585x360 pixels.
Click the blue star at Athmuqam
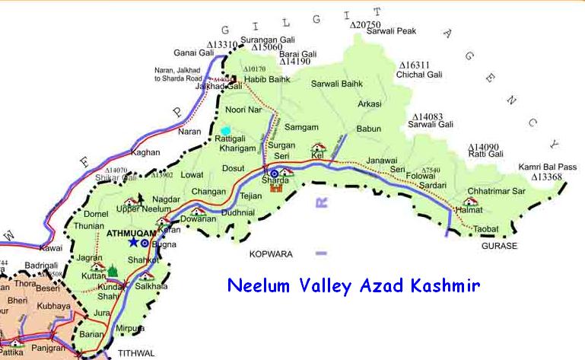click(x=134, y=242)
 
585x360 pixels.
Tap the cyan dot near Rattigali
click(x=225, y=131)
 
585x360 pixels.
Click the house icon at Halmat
click(x=471, y=202)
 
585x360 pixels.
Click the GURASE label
click(x=499, y=246)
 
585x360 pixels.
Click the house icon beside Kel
click(x=318, y=147)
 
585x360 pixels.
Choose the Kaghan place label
click(x=145, y=152)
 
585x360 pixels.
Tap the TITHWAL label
click(x=136, y=353)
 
